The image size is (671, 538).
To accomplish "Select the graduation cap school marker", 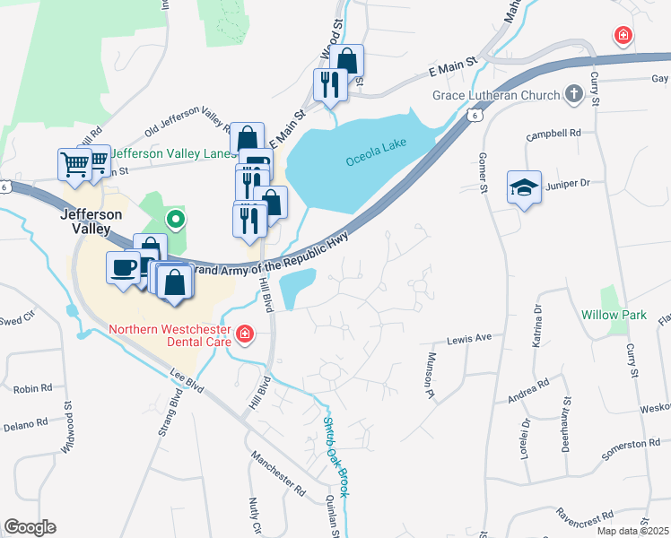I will pyautogui.click(x=524, y=188).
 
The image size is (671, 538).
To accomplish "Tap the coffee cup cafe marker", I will pyautogui.click(x=123, y=266).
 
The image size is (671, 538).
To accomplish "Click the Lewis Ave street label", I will pyautogui.click(x=470, y=339).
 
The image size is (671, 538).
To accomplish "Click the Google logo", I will pyautogui.click(x=30, y=526).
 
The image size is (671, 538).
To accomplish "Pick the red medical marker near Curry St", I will pyautogui.click(x=621, y=36).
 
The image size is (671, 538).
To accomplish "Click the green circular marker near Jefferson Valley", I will pyautogui.click(x=177, y=218).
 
